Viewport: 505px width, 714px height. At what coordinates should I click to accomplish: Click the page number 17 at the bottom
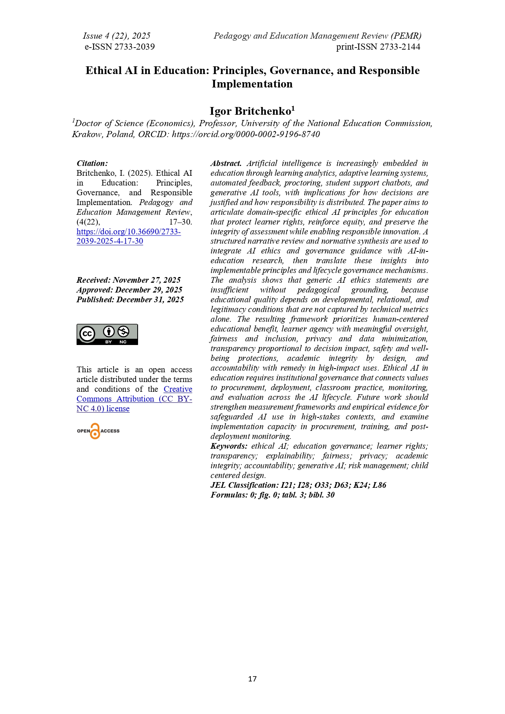252,679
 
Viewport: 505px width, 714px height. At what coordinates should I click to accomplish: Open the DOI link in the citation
128,232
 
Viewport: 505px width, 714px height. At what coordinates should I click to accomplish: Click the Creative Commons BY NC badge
107,334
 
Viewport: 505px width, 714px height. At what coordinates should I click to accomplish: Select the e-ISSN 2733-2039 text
119,47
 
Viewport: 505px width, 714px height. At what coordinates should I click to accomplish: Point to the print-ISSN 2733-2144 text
378,47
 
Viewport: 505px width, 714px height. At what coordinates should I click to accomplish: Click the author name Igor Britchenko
250,111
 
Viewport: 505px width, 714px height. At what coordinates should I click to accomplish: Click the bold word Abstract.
226,164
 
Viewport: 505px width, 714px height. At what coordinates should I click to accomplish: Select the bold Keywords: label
228,446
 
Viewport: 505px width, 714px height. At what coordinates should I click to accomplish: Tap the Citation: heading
92,164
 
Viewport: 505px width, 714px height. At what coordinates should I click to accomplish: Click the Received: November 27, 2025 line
128,280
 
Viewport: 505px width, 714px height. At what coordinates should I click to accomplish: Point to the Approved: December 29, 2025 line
129,290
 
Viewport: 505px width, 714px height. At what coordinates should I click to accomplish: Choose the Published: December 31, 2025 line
130,300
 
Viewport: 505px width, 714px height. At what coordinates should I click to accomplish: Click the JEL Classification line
298,485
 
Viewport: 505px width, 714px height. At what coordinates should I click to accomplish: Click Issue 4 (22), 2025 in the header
116,36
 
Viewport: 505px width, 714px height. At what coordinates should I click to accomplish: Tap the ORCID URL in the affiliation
246,134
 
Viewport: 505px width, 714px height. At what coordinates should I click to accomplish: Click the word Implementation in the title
252,84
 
